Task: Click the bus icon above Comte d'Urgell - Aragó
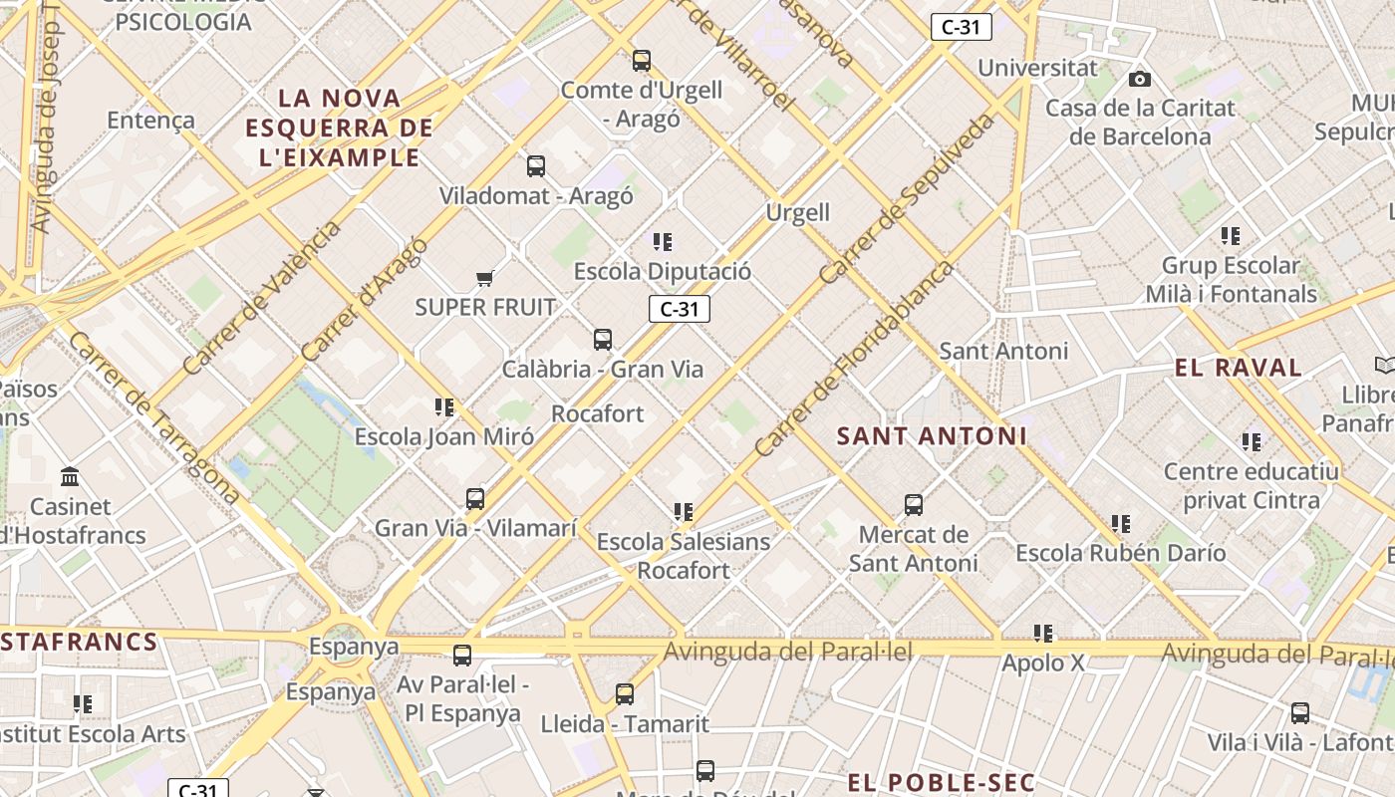point(642,61)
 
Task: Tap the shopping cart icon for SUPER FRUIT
point(485,278)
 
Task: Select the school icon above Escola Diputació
point(663,241)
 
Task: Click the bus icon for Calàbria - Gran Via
point(603,340)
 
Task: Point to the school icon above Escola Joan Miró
point(444,406)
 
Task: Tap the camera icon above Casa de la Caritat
point(1139,79)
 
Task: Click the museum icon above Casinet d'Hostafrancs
point(70,477)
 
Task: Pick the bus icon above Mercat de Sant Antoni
point(914,505)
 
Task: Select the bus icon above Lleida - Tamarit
point(625,694)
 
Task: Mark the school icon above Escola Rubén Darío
point(1121,523)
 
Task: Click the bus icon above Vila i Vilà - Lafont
point(1300,713)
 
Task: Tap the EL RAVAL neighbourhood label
point(1238,368)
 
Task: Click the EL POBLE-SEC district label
point(942,782)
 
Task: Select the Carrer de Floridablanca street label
point(853,360)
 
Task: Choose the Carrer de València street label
point(261,298)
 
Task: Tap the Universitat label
point(1037,69)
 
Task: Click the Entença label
point(150,121)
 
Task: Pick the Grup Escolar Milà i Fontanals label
point(1232,280)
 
